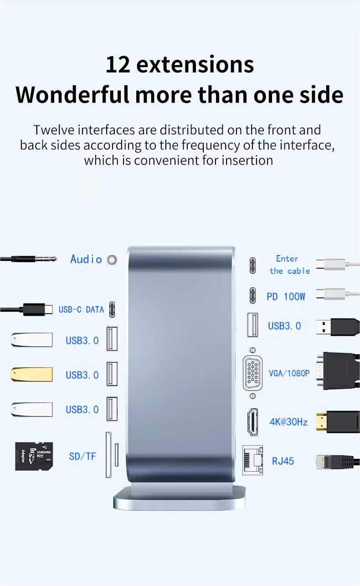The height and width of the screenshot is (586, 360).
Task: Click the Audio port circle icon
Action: pyautogui.click(x=112, y=260)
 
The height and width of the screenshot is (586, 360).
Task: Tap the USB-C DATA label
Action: pyautogui.click(x=82, y=309)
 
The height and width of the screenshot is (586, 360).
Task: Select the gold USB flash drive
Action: pyautogui.click(x=31, y=375)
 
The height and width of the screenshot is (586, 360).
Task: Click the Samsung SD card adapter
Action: pyautogui.click(x=34, y=456)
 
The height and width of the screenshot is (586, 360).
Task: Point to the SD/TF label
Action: pyautogui.click(x=82, y=457)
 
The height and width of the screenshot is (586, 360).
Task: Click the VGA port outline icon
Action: pyautogui.click(x=252, y=373)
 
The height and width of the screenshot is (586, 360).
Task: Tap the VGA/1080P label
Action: pyautogui.click(x=289, y=373)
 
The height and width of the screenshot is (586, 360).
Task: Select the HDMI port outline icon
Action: pyautogui.click(x=252, y=422)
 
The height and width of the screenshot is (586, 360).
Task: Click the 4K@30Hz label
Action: pyautogui.click(x=288, y=422)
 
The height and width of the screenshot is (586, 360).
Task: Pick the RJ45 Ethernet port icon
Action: pyautogui.click(x=252, y=460)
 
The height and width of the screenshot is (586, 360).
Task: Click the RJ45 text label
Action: pyautogui.click(x=283, y=461)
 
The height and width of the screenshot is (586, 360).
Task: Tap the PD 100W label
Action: pyautogui.click(x=286, y=297)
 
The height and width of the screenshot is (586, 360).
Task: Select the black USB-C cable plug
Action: pyautogui.click(x=37, y=309)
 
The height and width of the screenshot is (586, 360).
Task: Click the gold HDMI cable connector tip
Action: pyautogui.click(x=321, y=422)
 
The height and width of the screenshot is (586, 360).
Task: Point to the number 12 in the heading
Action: pyautogui.click(x=118, y=65)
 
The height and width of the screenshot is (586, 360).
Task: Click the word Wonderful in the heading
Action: pyautogui.click(x=72, y=94)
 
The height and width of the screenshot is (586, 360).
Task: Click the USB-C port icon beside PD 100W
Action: pyautogui.click(x=252, y=296)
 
